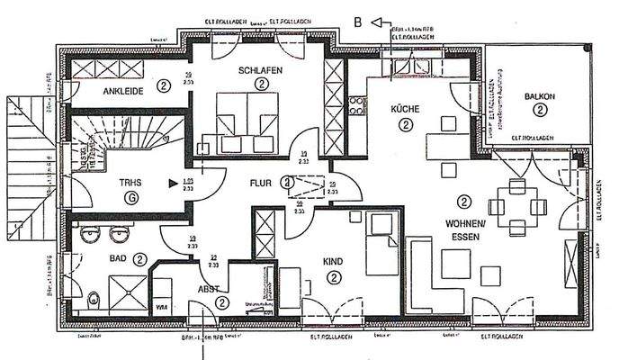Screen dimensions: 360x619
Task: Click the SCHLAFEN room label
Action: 261,69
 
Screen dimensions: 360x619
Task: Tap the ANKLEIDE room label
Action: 124,90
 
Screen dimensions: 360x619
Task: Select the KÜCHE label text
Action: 406,108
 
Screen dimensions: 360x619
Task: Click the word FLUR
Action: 261,183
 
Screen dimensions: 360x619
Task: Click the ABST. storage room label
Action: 209,290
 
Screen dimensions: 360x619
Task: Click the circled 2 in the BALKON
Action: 539,110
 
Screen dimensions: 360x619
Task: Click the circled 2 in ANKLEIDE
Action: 163,86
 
